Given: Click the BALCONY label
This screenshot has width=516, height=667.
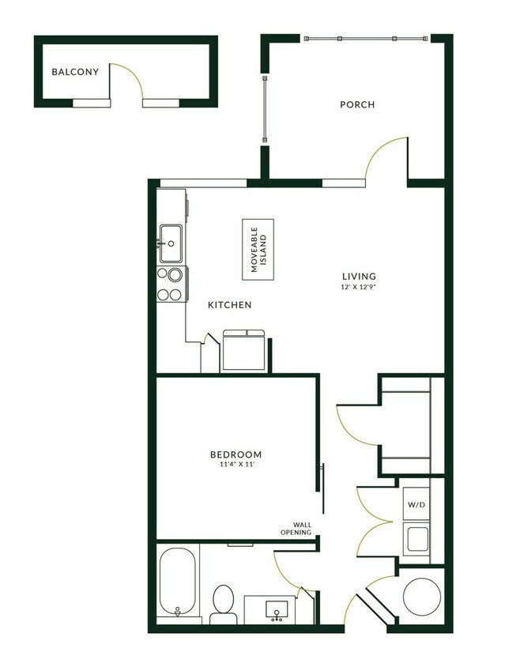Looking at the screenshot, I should point(75,72).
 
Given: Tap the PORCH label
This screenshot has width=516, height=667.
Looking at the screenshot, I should point(357,104).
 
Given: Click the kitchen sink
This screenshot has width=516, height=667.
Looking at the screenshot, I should point(171,243).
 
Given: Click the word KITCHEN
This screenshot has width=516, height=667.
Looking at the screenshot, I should point(229,305).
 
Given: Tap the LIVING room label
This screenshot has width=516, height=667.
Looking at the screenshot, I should point(357,276).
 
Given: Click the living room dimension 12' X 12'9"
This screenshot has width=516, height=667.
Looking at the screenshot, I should point(357,287).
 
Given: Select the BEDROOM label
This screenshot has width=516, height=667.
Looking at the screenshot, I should point(235,454).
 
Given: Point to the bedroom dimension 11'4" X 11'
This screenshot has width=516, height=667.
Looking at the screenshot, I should point(235,465).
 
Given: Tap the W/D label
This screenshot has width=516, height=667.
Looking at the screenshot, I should point(416,503).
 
